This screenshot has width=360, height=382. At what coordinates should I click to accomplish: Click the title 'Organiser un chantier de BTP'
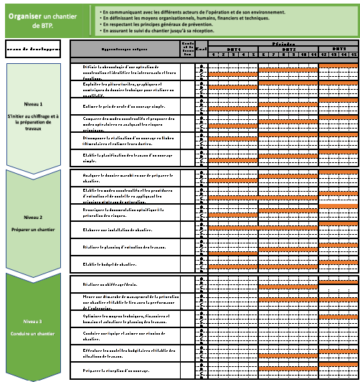[x=45, y=19]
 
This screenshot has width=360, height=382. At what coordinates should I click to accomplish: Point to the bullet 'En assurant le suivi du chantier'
[x=166, y=33]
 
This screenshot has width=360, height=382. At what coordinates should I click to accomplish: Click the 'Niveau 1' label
[x=34, y=103]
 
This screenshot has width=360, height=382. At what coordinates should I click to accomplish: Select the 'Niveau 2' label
[x=34, y=216]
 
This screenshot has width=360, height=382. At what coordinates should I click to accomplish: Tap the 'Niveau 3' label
[x=34, y=321]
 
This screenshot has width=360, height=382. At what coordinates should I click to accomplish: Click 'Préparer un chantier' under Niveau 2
[x=34, y=230]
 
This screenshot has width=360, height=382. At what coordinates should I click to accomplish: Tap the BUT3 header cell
[x=338, y=48]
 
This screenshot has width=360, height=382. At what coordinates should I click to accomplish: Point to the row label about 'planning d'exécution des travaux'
[x=119, y=247]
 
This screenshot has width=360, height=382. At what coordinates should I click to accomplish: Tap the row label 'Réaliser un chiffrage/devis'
[x=107, y=284]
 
